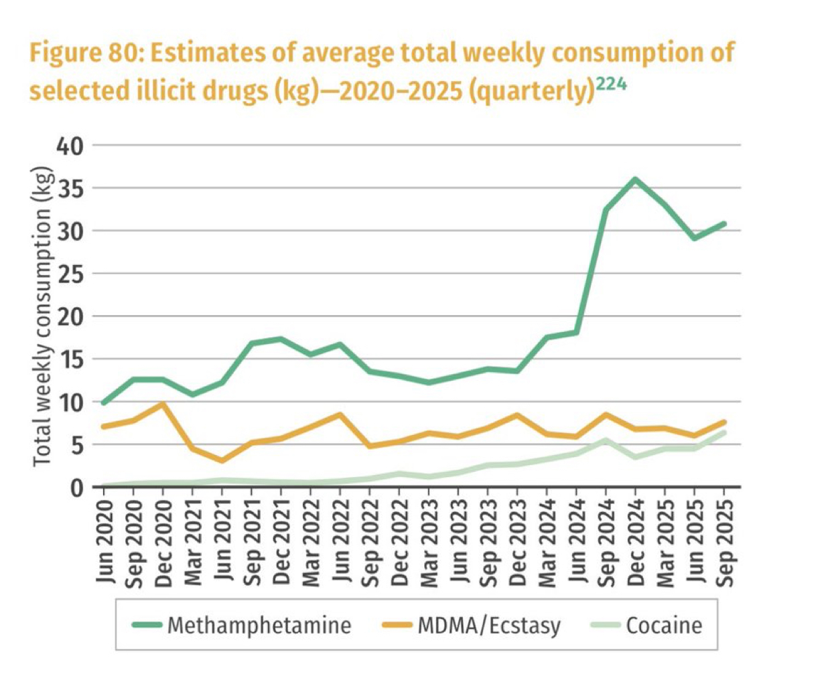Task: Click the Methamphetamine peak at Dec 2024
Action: (x=635, y=179)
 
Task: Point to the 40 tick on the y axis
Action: (x=70, y=145)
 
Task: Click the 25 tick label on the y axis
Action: (x=70, y=274)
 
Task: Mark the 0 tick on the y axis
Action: (x=77, y=487)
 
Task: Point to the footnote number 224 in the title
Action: (x=611, y=83)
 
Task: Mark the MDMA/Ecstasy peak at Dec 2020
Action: (x=163, y=404)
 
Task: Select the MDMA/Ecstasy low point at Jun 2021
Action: (x=222, y=460)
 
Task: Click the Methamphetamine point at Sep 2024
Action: (x=606, y=210)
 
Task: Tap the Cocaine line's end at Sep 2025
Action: (x=723, y=432)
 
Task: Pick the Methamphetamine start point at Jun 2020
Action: (x=104, y=402)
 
